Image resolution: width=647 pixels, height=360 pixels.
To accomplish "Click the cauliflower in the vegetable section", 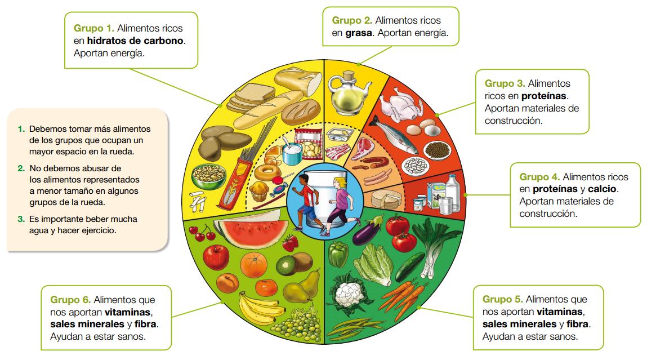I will pyautogui.click(x=347, y=297).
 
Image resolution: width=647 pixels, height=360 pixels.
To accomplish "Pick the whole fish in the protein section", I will pyautogui.click(x=395, y=136).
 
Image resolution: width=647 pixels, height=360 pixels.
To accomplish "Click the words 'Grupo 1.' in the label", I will pyautogui.click(x=94, y=28).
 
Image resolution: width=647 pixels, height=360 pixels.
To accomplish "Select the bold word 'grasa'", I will pyautogui.click(x=358, y=33).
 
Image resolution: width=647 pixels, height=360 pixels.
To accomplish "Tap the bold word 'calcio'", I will pyautogui.click(x=602, y=189).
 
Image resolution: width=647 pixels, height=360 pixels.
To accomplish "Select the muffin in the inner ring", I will pyautogui.click(x=260, y=191).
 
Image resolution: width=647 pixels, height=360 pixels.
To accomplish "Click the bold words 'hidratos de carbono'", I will pyautogui.click(x=136, y=41).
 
